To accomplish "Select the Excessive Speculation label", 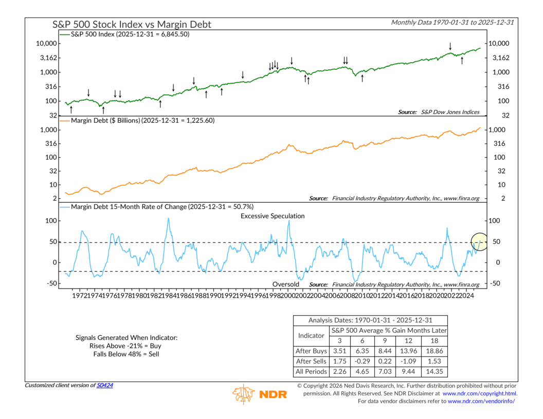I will pyautogui.click(x=273, y=216).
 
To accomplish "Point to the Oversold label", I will pyautogui.click(x=285, y=284).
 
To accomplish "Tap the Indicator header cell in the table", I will pyautogui.click(x=311, y=335).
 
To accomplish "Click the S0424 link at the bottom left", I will pyautogui.click(x=105, y=385).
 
